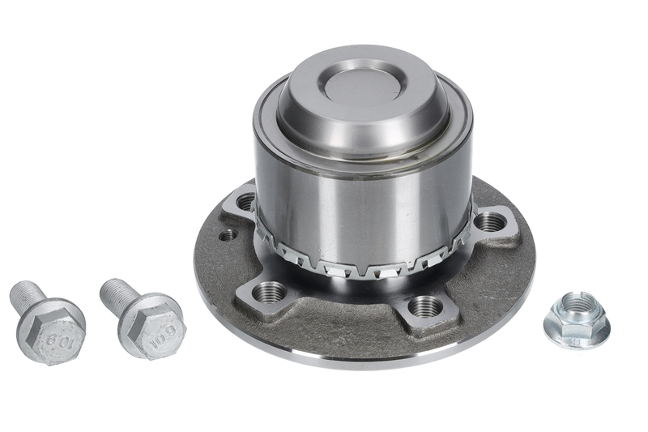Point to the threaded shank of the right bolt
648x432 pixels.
tap(117, 293)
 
